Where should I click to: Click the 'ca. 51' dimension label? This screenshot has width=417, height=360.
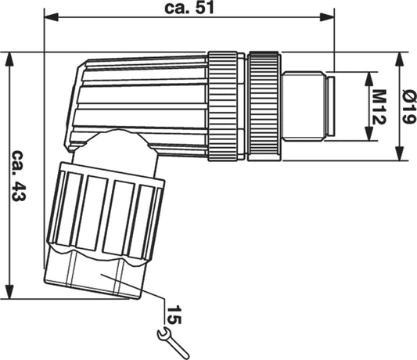tap(189, 8)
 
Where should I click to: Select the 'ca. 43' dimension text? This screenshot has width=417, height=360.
tap(19, 175)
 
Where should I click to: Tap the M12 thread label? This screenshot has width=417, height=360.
tap(379, 107)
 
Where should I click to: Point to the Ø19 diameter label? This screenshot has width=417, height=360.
tap(408, 107)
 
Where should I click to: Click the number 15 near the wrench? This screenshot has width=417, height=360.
tap(174, 315)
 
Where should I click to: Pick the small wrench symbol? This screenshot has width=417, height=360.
tap(173, 344)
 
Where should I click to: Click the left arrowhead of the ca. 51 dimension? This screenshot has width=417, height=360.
tap(52, 17)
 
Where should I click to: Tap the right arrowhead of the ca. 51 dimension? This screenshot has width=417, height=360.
tap(327, 17)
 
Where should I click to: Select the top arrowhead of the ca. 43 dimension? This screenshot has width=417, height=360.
tap(9, 59)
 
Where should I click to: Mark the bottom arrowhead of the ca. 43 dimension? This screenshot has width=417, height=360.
tap(9, 292)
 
